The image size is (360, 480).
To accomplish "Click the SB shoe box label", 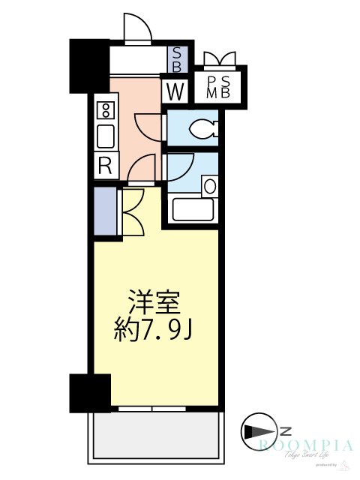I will [x=177, y=58].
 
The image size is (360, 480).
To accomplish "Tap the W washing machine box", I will [x=175, y=93].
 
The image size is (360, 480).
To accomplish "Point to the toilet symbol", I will [x=204, y=129].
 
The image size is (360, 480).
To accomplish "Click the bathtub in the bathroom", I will [x=193, y=209].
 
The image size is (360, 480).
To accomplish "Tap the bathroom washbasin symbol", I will [x=210, y=185].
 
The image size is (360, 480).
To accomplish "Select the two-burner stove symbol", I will [x=106, y=111].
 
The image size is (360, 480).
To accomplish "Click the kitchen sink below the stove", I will [x=106, y=136].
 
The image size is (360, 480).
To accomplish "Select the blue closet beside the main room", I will [x=106, y=211].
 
